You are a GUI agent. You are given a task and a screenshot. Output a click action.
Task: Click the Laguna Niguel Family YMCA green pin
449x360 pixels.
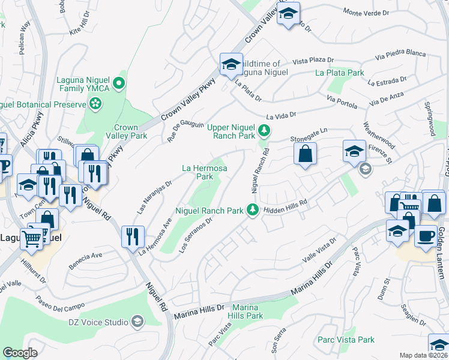pyautogui.click(x=120, y=83)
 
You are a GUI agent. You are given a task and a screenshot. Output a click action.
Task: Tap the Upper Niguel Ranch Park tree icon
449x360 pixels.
pyautogui.click(x=264, y=130)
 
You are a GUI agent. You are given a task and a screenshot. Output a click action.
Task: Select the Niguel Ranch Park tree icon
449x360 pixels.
pyautogui.click(x=253, y=210)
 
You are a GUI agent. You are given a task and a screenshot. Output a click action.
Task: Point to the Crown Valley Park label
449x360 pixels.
pyautogui.click(x=126, y=131)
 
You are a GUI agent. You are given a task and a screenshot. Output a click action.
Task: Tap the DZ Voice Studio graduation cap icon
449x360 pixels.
pyautogui.click(x=137, y=322)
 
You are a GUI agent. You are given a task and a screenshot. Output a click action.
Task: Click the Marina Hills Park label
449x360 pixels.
pyautogui.click(x=245, y=311)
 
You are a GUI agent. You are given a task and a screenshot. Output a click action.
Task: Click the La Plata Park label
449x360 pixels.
pyautogui.click(x=340, y=73)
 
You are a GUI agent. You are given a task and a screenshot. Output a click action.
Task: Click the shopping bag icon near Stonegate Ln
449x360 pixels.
pyautogui.click(x=306, y=154)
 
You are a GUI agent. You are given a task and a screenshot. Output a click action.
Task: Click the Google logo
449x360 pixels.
pyautogui.click(x=19, y=353)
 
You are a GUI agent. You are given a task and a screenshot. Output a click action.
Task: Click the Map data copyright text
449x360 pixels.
pyautogui.click(x=424, y=355)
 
